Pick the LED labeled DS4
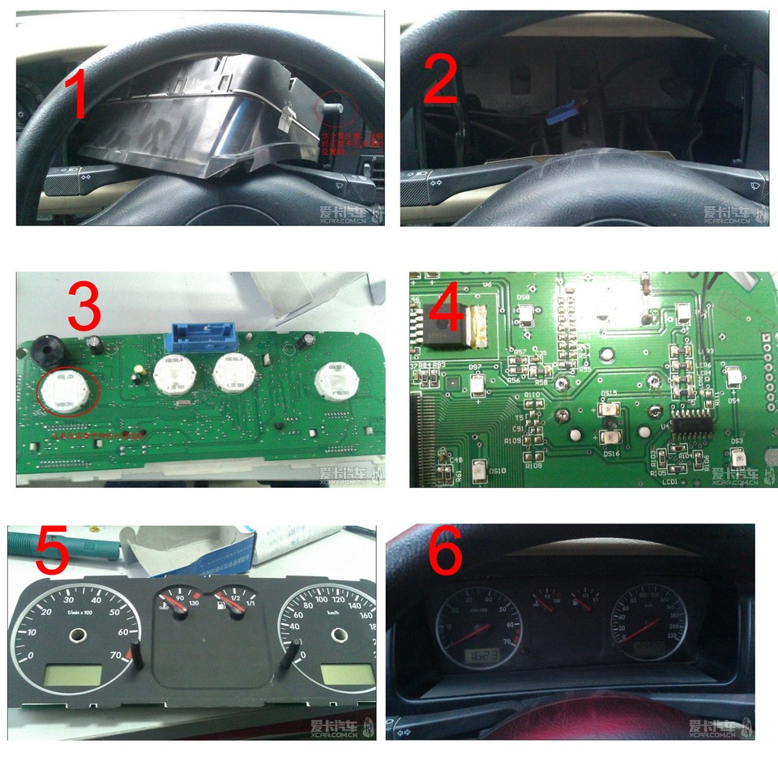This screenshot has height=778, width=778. [x=733, y=374]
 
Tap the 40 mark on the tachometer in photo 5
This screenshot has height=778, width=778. [x=95, y=600]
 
